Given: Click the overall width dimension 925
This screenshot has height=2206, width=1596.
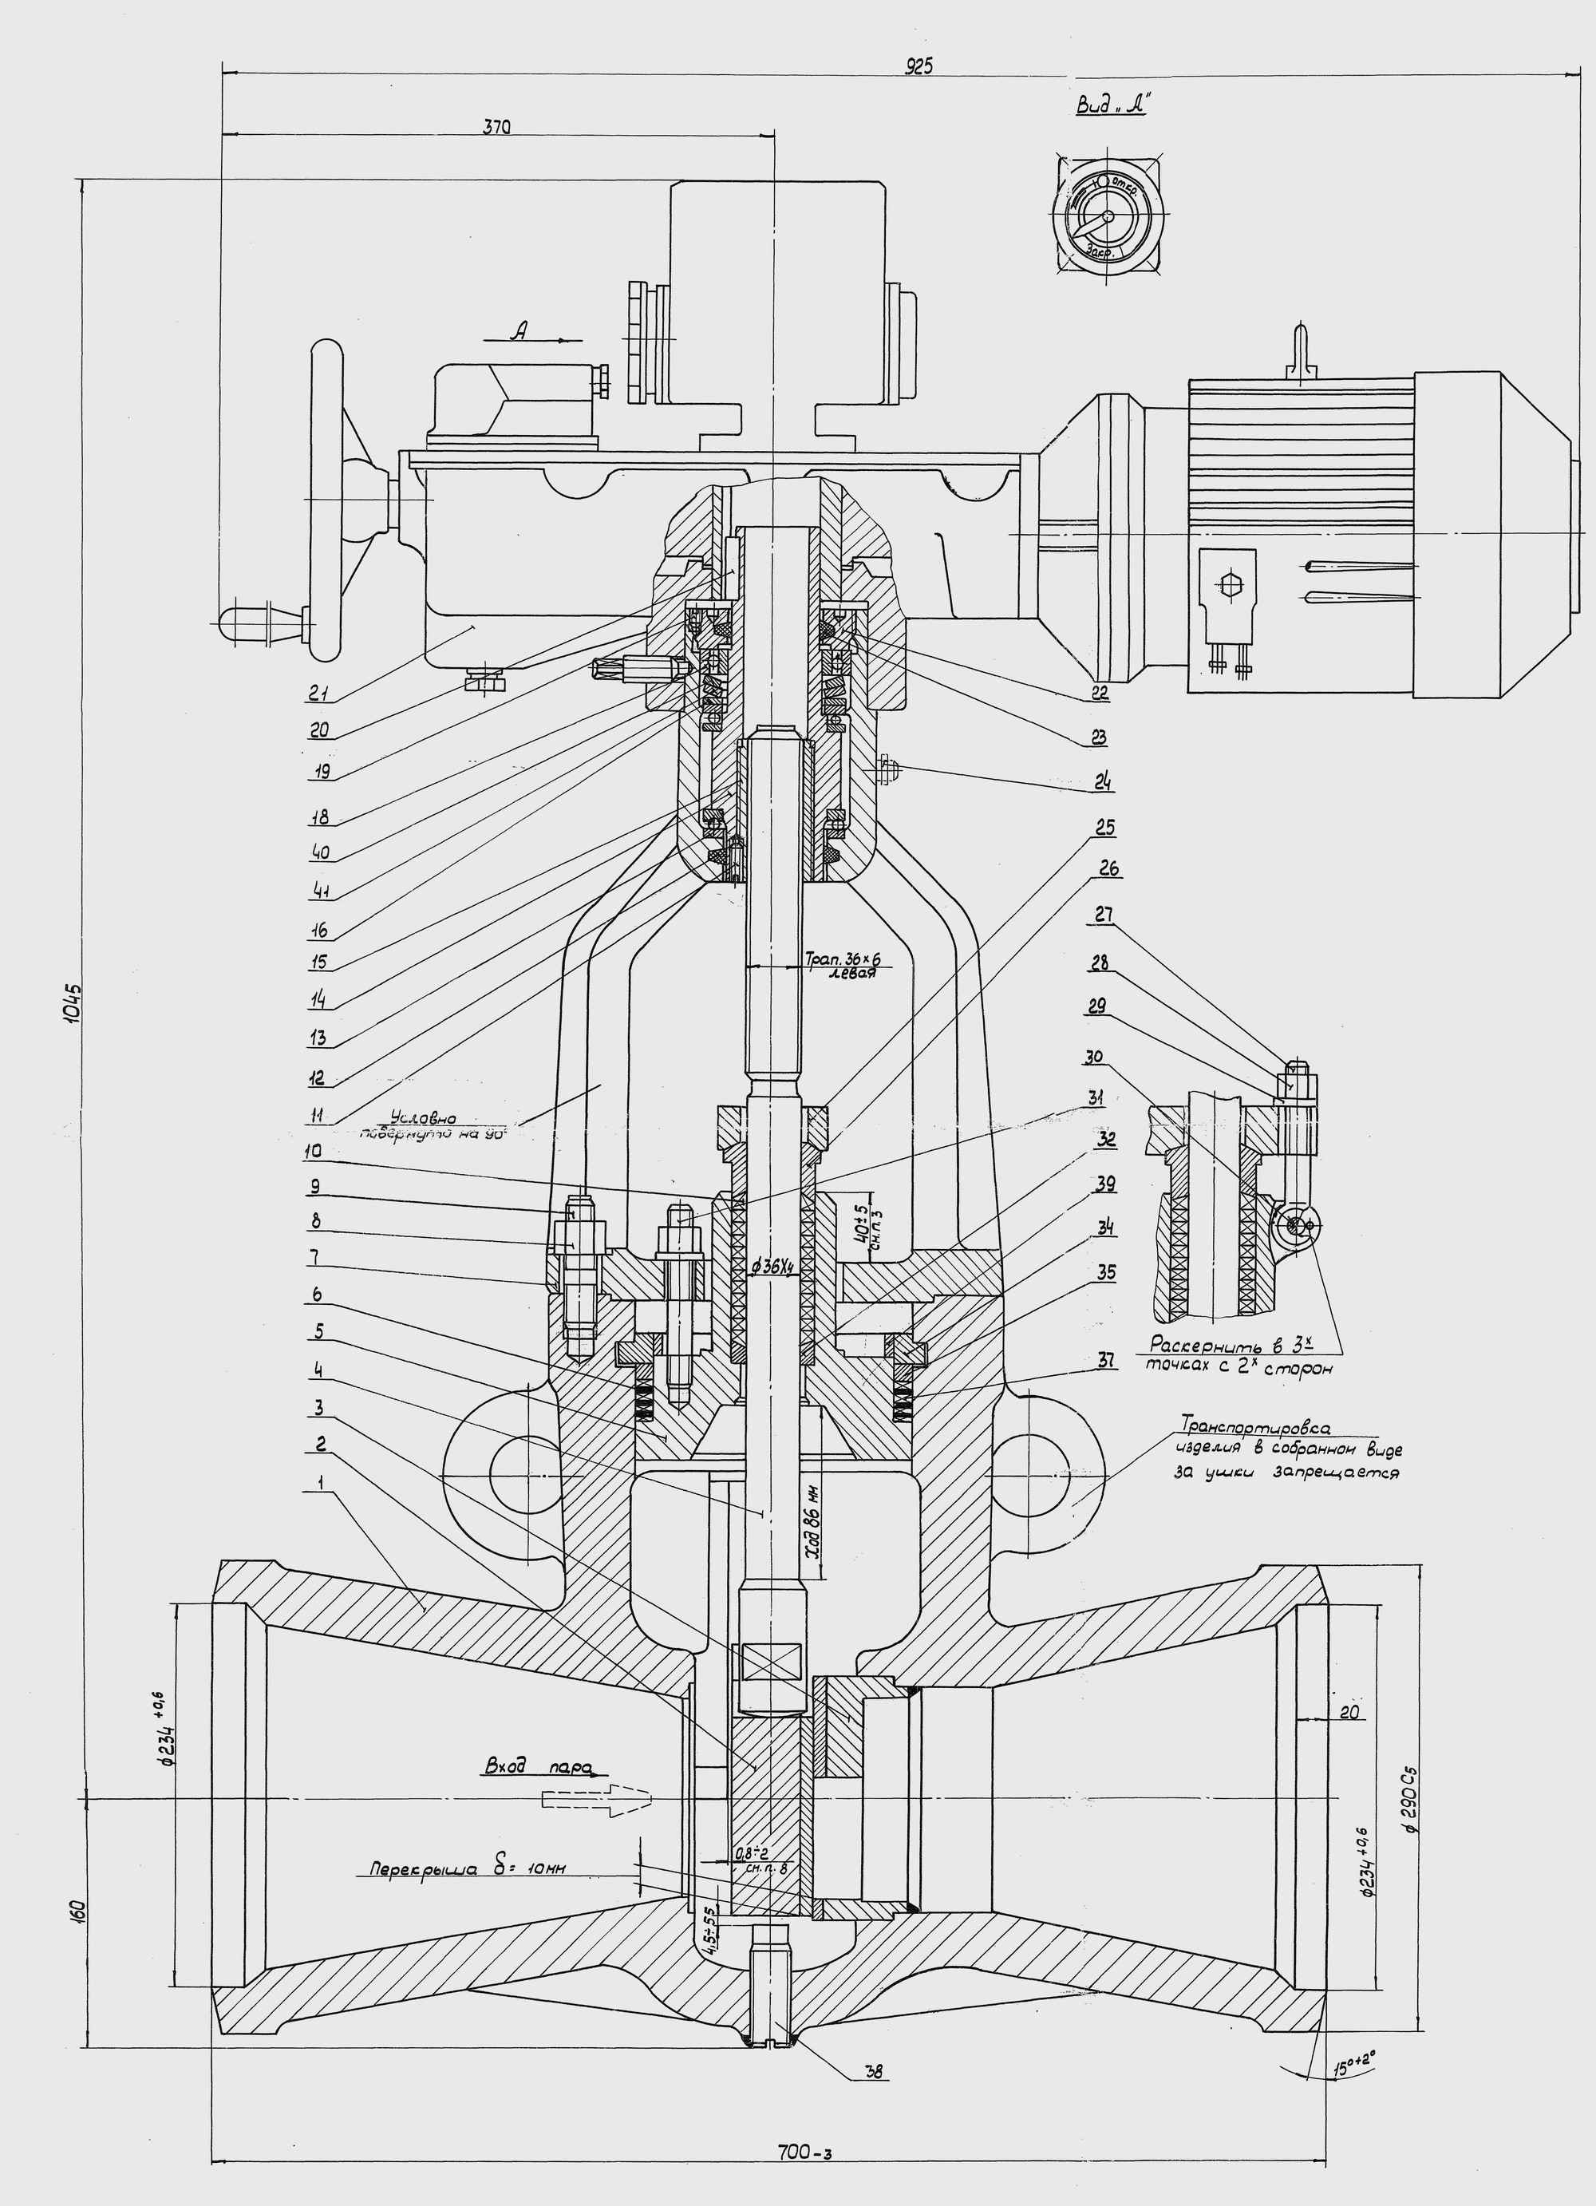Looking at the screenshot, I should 918,66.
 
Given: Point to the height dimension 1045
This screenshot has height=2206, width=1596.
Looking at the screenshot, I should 76,1011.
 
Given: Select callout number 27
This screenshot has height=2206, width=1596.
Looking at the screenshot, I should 1103,915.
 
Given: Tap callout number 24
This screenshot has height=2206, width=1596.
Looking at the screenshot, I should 1103,781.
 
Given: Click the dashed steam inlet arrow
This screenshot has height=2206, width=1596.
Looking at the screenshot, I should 593,1800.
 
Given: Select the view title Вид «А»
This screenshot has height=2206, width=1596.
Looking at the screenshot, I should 1111,108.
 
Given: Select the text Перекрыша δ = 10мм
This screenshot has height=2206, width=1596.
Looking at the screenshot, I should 467,1868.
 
